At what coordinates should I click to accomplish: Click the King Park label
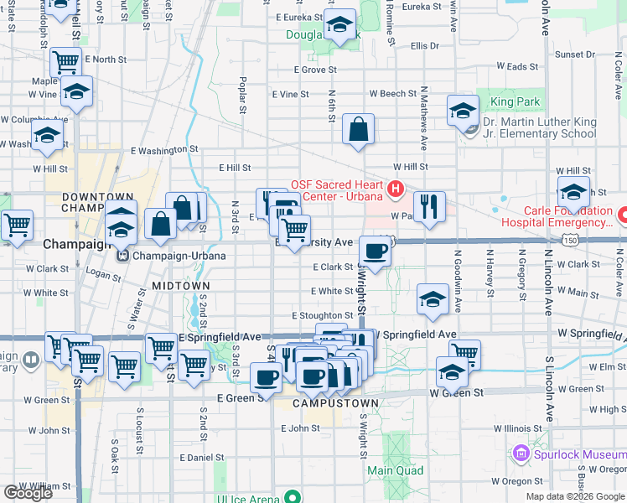click(516, 102)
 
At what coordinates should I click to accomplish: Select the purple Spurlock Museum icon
click(521, 454)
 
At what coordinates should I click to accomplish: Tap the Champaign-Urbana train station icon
click(122, 256)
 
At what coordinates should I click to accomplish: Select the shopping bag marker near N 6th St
click(358, 129)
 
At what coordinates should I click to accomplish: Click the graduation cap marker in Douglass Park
click(339, 25)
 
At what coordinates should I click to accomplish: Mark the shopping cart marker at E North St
click(65, 61)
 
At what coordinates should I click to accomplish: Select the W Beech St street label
click(392, 94)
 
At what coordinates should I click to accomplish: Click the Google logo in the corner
click(28, 493)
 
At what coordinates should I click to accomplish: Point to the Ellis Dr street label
click(424, 45)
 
